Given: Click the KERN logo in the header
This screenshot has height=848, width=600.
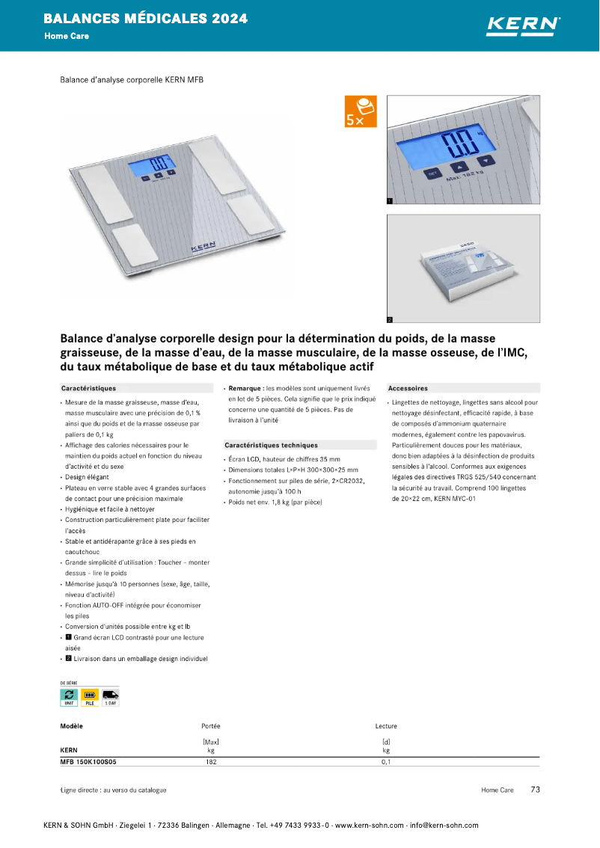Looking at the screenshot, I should (523, 25).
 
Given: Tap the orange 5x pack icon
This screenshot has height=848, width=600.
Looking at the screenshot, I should (361, 111).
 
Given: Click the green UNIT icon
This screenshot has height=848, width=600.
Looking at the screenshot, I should (69, 697).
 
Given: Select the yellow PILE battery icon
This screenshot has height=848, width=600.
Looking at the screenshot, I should (90, 697).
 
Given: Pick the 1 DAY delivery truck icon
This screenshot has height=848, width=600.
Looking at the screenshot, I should (111, 697).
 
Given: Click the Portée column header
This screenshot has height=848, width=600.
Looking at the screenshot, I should (211, 726).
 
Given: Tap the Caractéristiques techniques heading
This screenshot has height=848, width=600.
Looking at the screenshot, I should (271, 445).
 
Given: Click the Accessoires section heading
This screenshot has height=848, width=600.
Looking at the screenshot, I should (408, 388).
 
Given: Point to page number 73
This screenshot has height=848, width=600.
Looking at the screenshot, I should (535, 790).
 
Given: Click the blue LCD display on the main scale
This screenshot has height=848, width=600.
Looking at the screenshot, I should (159, 166).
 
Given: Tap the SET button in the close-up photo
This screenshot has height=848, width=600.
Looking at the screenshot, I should (432, 173).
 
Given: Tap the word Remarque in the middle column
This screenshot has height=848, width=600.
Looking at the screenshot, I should (245, 388).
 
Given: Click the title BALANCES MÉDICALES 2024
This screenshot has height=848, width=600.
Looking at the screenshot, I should (146, 19).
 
